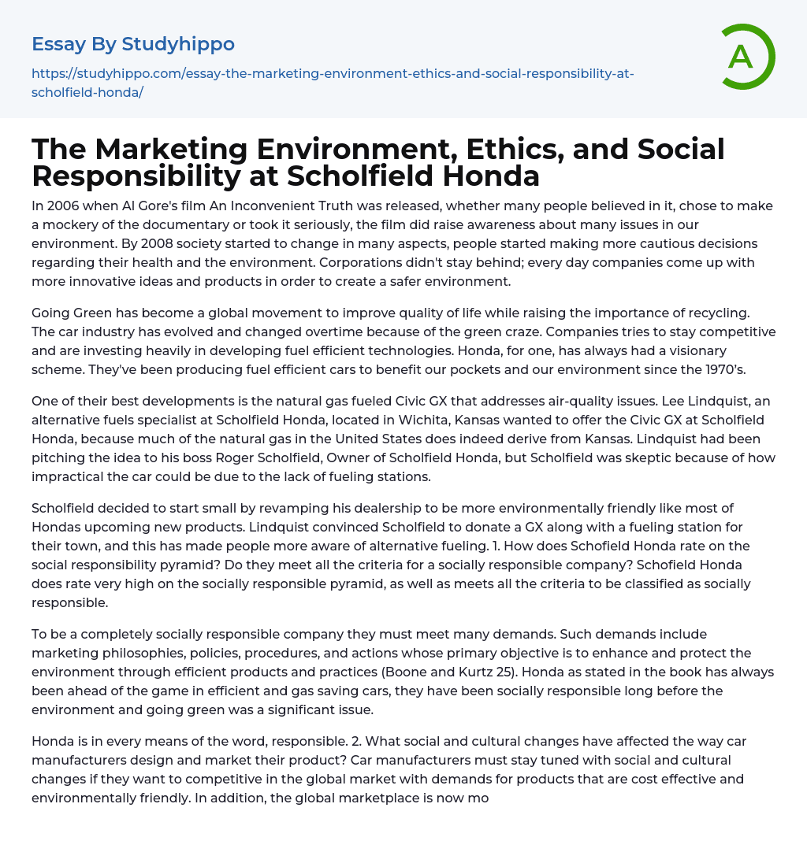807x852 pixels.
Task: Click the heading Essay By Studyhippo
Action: click(133, 44)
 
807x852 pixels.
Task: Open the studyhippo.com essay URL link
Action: click(333, 83)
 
